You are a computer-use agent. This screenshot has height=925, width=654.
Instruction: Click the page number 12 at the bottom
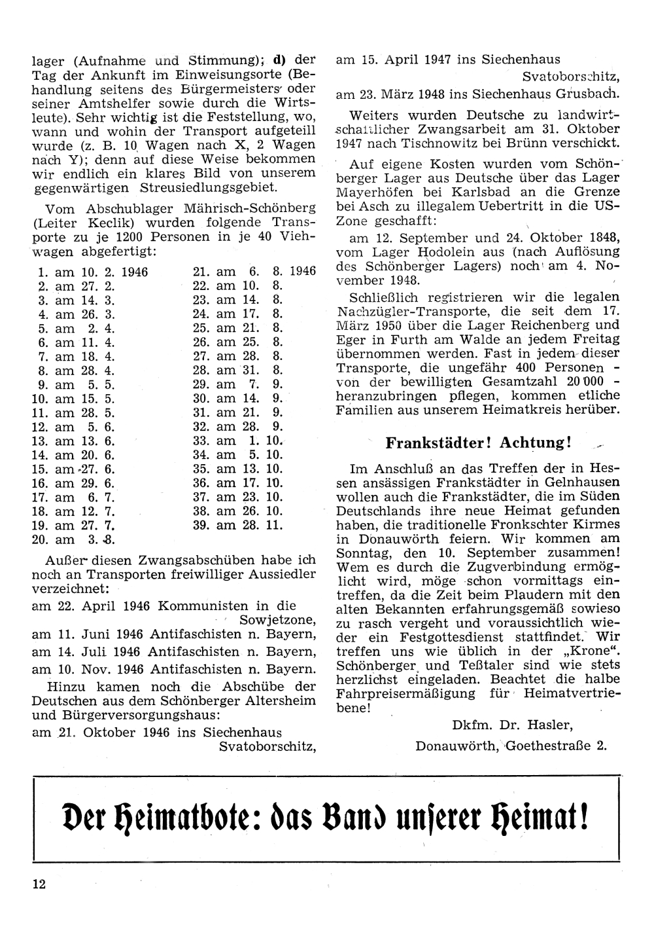38,884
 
